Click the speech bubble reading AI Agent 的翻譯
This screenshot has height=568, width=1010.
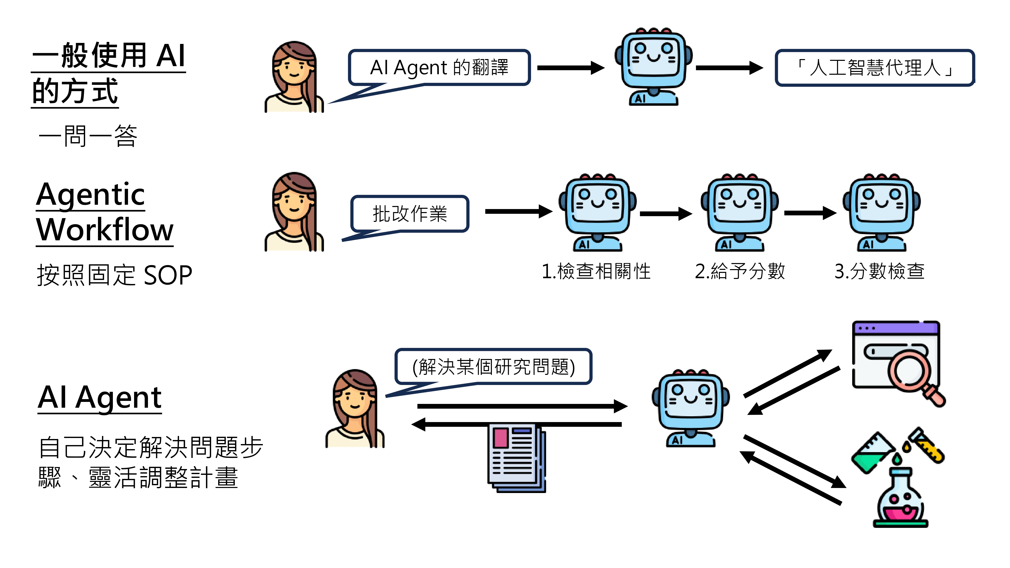(439, 67)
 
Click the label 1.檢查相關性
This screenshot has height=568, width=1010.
(596, 271)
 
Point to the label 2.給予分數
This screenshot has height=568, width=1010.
(740, 271)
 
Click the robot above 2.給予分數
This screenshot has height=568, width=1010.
(740, 212)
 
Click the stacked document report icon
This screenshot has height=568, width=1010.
(516, 457)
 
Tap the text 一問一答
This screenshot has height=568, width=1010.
(88, 136)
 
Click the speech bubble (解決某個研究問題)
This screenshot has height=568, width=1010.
(493, 367)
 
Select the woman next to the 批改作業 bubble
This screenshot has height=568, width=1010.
(294, 212)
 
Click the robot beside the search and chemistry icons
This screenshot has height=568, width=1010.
(690, 408)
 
